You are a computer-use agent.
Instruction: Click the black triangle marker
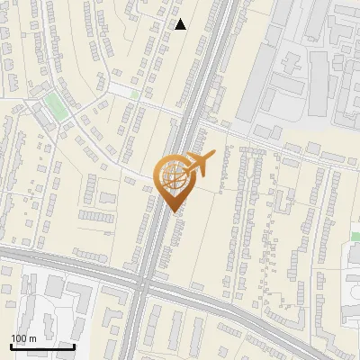[x=181, y=24]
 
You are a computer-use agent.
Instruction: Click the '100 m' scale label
[x=23, y=338]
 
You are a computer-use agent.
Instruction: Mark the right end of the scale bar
[x=74, y=346]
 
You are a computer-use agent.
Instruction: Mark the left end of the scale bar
[x=11, y=346]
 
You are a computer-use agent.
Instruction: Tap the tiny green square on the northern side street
[x=135, y=93]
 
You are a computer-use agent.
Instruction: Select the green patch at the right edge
[x=355, y=237]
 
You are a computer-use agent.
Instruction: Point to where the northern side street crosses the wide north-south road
[x=194, y=112]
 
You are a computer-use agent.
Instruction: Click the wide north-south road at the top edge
[x=220, y=4]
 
